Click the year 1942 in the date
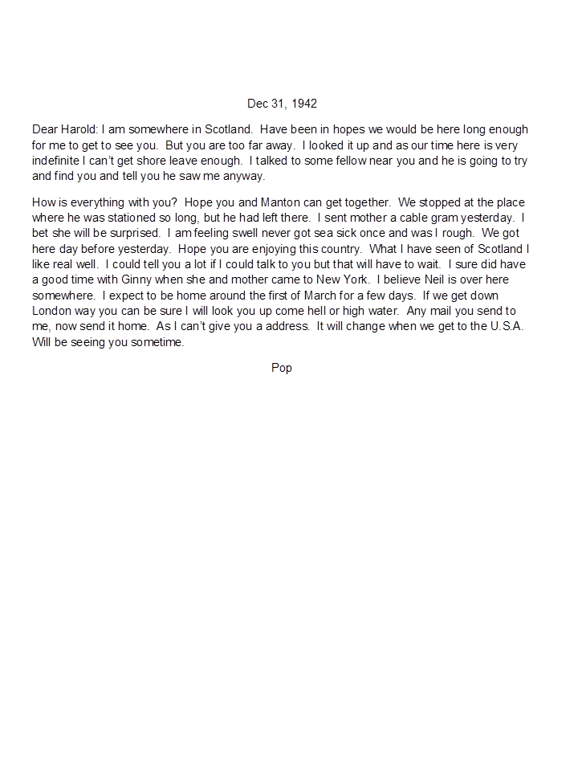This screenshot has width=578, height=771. point(304,104)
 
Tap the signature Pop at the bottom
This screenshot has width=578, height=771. point(282,368)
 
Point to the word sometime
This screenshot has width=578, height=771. point(157,342)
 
